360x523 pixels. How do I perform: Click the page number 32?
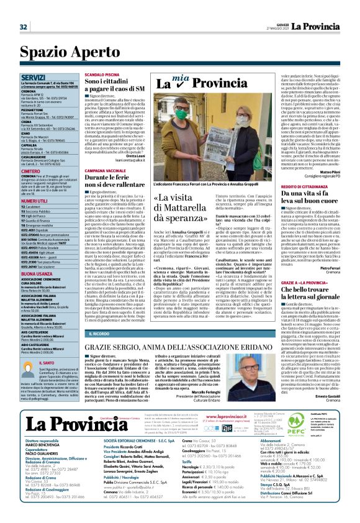click(23, 26)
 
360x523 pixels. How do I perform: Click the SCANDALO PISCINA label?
click(102, 74)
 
